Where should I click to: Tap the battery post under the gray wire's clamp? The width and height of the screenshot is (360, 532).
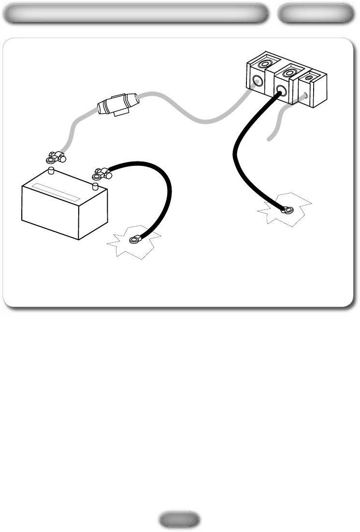coord(51,171)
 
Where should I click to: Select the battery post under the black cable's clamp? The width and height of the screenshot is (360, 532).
coord(95,185)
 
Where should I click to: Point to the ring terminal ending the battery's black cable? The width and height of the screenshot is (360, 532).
coord(134,238)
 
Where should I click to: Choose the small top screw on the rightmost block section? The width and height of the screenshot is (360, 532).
coord(309,77)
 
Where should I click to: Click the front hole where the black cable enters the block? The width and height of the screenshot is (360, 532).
coord(281,90)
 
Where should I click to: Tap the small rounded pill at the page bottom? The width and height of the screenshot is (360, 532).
coord(179,519)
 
